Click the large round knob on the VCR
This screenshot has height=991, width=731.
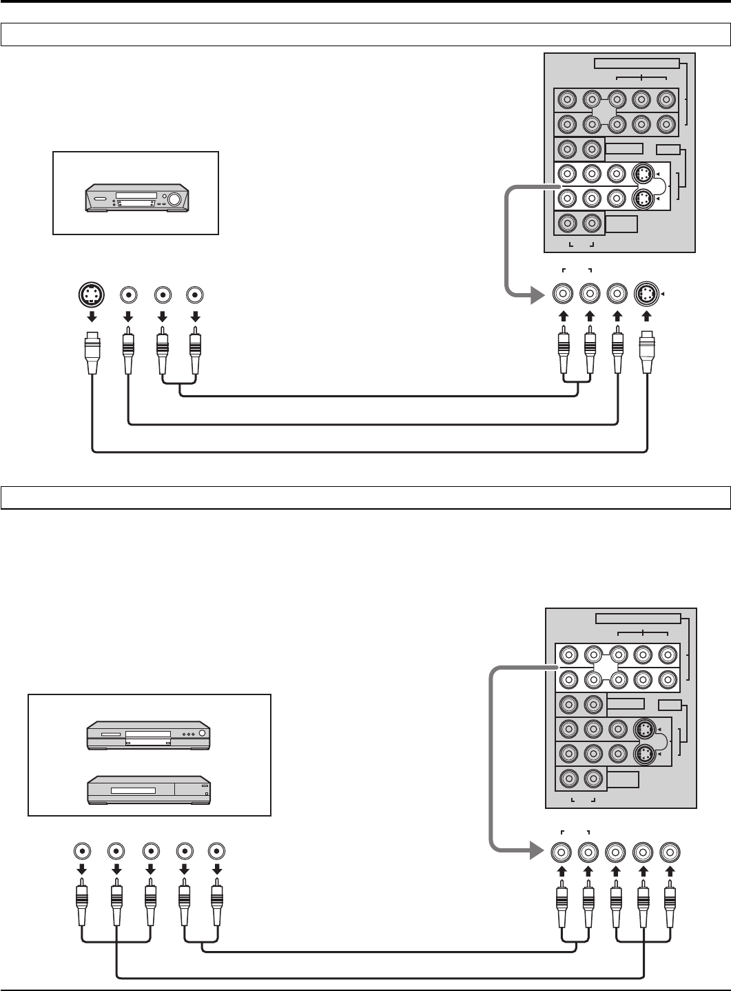pos(174,199)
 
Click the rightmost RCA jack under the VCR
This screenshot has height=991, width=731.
pos(196,294)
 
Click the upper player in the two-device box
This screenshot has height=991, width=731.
pos(148,735)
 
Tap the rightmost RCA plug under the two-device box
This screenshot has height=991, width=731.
pos(217,907)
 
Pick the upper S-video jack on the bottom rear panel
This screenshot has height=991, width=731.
pos(644,730)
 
